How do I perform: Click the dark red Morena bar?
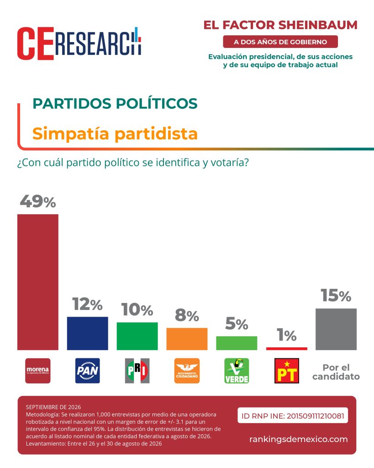(38, 282)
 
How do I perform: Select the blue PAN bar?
(87, 333)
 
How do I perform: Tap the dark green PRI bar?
(137, 336)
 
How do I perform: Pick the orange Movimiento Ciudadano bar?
(187, 339)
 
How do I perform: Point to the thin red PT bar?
(287, 349)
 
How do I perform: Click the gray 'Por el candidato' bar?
(336, 329)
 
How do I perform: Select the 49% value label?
(38, 202)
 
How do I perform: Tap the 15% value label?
(336, 296)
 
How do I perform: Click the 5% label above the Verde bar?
(237, 324)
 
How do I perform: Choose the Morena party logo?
(38, 371)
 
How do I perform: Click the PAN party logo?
(87, 371)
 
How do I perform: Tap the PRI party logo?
(137, 371)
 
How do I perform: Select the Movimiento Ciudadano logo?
(187, 371)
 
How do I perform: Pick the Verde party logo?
(237, 371)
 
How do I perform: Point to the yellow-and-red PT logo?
(287, 371)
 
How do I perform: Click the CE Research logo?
(79, 43)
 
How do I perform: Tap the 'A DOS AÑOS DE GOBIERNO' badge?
(280, 42)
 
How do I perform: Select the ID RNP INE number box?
(293, 415)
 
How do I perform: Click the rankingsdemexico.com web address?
(299, 439)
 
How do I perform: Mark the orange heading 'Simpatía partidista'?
(115, 133)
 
